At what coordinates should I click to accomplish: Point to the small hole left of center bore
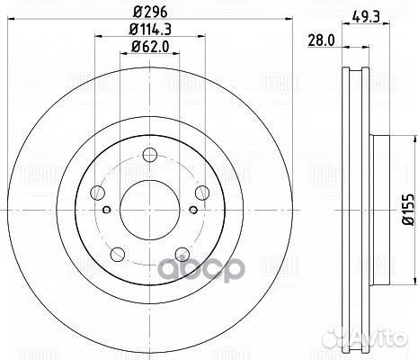[x=106, y=212]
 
